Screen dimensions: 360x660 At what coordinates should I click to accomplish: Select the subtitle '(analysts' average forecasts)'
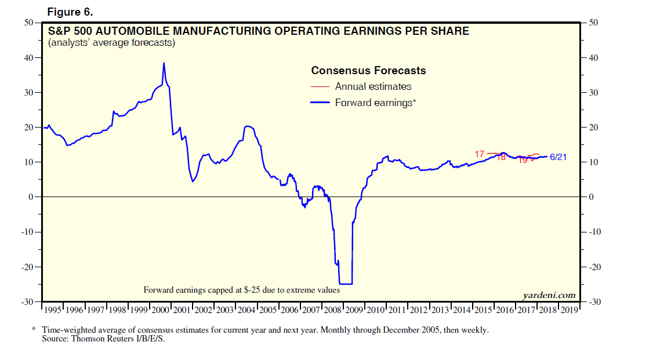[x=111, y=43]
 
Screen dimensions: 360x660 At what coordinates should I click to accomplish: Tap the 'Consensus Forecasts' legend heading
[x=368, y=71]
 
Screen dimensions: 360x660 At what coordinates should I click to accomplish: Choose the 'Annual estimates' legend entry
[x=373, y=86]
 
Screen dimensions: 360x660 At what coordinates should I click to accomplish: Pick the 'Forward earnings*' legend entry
[x=375, y=103]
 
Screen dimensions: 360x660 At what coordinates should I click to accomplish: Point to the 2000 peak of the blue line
[x=164, y=63]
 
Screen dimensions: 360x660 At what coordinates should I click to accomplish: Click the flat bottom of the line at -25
[x=346, y=283]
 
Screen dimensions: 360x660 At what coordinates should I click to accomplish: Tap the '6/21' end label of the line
[x=559, y=157]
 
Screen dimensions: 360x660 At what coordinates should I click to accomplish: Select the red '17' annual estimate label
[x=479, y=154]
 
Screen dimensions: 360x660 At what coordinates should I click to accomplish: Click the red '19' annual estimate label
[x=523, y=160]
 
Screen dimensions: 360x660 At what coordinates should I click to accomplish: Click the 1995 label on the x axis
[x=53, y=310]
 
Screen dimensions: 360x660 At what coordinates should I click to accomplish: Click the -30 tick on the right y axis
[x=594, y=303]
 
